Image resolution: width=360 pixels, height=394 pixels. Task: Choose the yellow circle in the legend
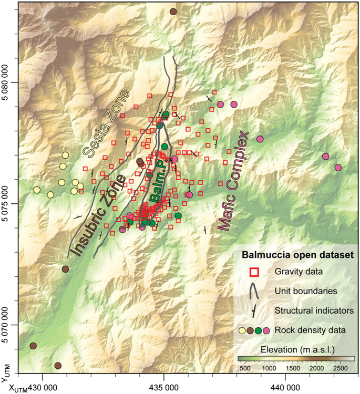click(242, 330)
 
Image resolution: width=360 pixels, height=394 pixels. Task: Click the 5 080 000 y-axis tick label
click(8, 83)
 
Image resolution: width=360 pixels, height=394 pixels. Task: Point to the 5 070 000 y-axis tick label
click(8, 325)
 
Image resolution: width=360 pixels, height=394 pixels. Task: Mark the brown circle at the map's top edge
click(173, 12)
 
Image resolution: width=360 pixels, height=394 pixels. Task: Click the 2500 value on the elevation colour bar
click(338, 369)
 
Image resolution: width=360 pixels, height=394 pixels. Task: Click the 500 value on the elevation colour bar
click(244, 369)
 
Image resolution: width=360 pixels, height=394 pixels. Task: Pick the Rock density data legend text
click(310, 330)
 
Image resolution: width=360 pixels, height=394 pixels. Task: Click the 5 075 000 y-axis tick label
click(8, 204)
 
